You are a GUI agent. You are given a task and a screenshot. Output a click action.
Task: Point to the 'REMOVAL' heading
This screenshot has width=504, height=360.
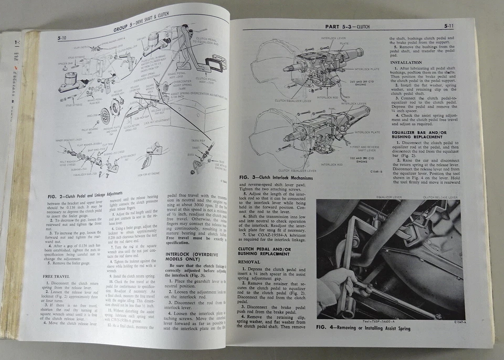[x=250, y=260]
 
